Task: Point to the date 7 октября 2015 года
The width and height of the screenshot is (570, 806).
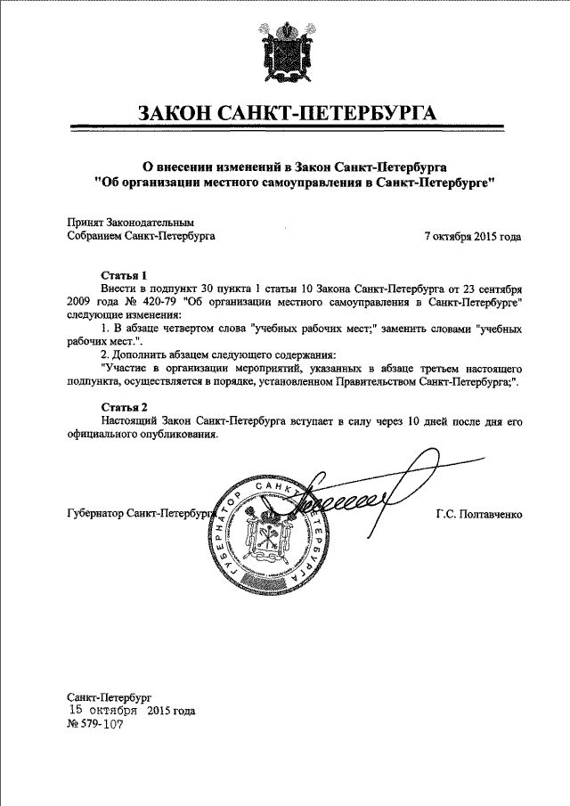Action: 472,237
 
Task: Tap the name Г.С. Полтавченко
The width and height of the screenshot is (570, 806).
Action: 477,515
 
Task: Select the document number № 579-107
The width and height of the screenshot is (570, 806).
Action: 94,725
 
